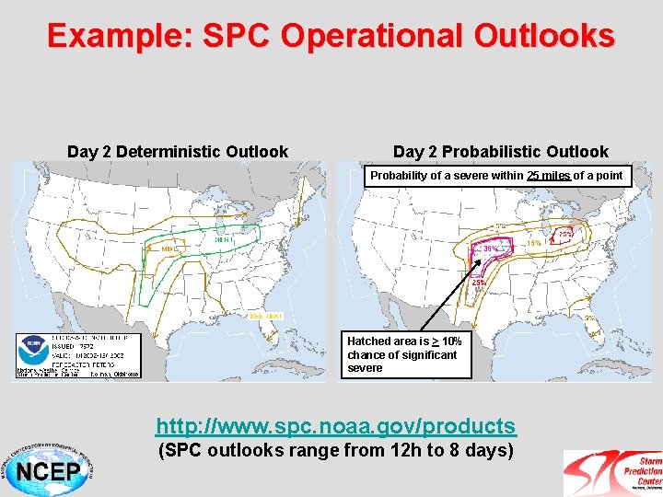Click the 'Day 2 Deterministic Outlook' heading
pos(178,152)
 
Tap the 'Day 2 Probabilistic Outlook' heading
pos(500,152)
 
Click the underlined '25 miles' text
pos(549,176)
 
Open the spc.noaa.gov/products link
pos(336,426)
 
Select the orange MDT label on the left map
pos(169,248)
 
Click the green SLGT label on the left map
pos(222,239)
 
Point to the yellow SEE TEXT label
pos(266,316)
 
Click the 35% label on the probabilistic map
pos(492,248)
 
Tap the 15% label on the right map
pos(533,243)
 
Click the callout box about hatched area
pos(406,354)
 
